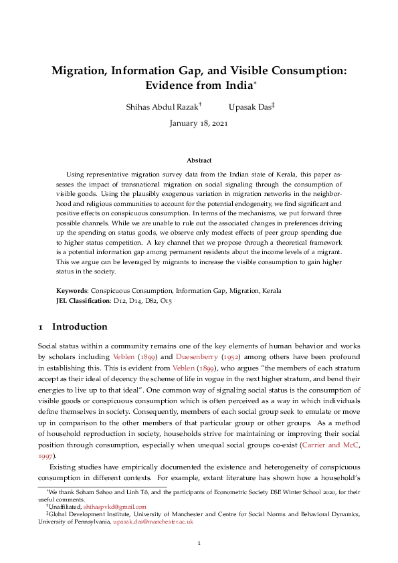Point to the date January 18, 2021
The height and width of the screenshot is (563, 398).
(199, 124)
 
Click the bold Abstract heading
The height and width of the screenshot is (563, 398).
(199, 160)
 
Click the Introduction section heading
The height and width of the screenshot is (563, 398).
(79, 327)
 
